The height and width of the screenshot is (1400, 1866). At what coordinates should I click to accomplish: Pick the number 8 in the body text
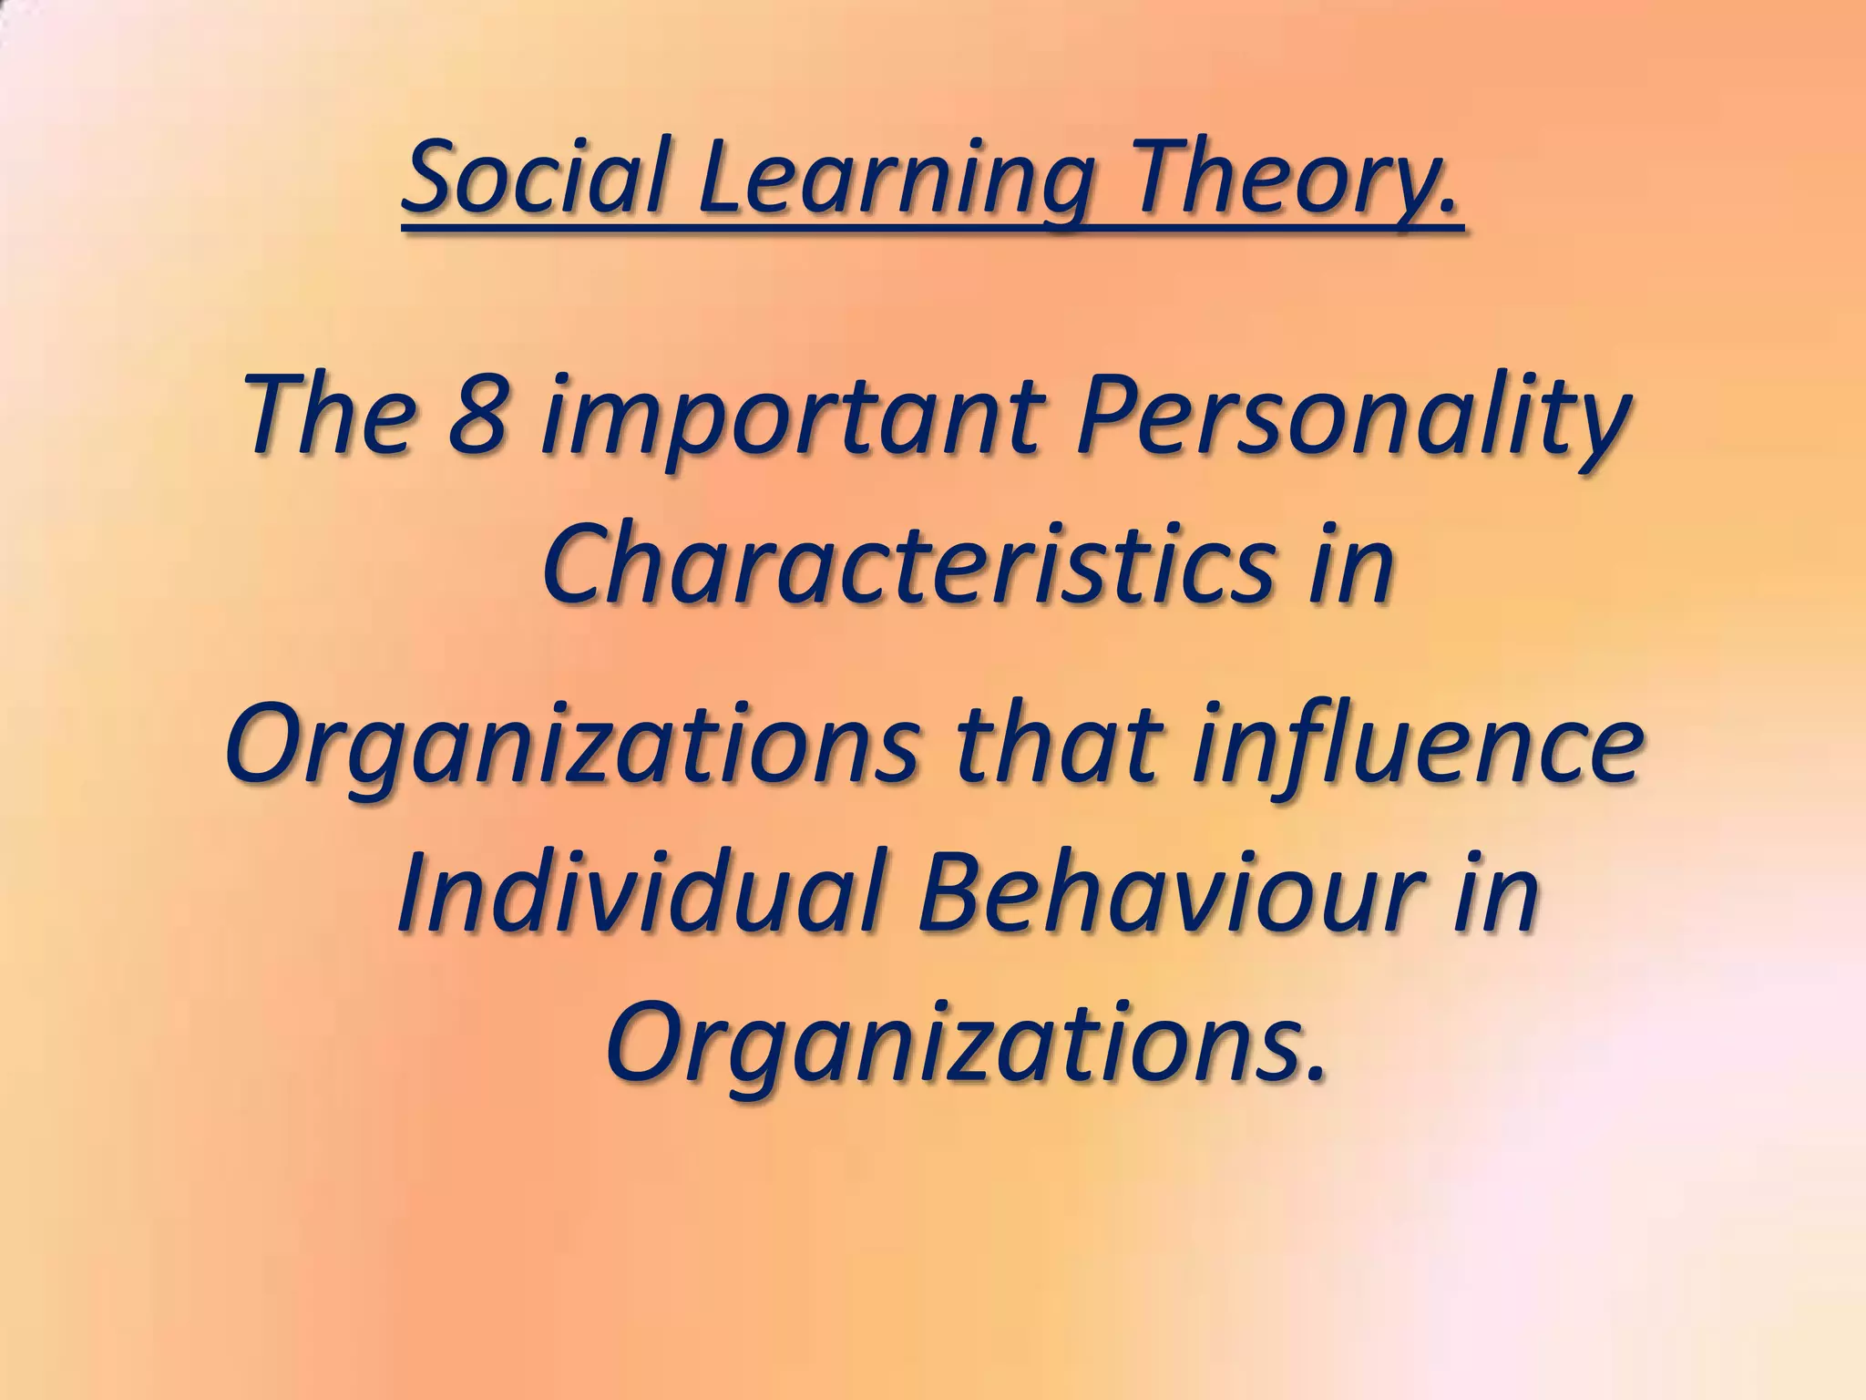click(x=478, y=416)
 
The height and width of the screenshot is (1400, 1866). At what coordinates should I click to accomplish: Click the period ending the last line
click(x=1313, y=1078)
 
